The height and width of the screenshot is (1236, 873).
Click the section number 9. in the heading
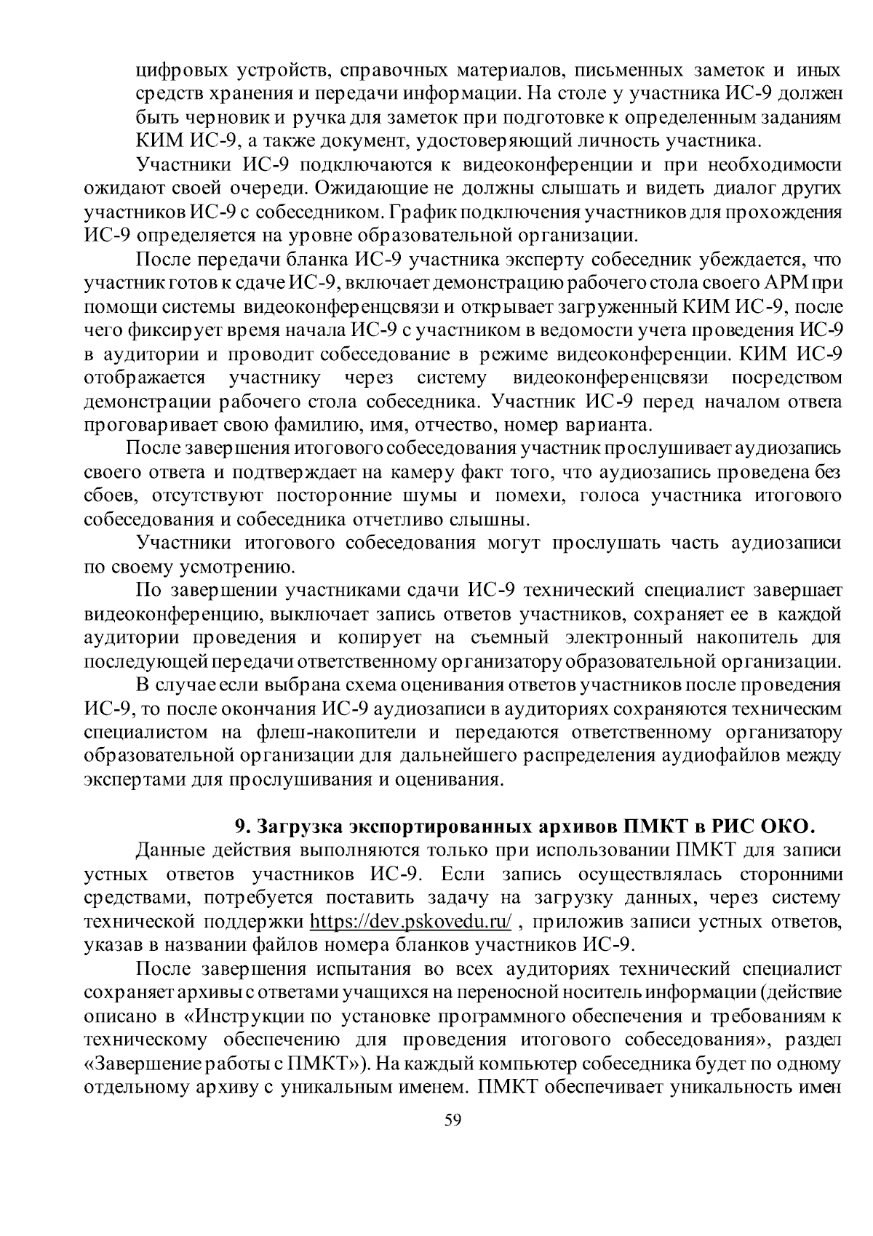[243, 826]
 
